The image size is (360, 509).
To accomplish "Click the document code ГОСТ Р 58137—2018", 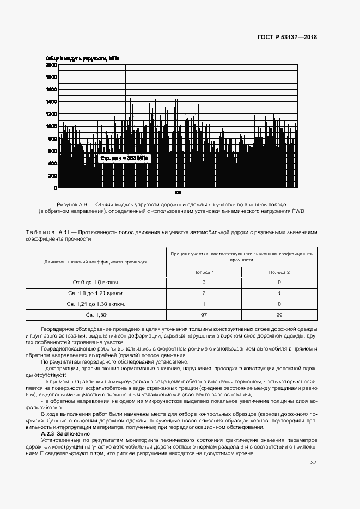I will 286,37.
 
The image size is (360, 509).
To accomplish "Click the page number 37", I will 313,463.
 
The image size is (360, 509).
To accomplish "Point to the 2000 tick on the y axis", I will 51,65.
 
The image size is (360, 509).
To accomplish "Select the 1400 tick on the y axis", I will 51,102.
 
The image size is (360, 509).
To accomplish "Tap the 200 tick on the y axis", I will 52,176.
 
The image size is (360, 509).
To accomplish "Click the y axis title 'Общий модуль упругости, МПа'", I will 82,58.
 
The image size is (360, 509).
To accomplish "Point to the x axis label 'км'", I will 178,193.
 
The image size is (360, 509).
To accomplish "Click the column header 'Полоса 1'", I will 204,272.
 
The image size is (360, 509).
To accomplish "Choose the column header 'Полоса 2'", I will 279,272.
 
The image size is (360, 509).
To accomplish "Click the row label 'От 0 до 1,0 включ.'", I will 96,283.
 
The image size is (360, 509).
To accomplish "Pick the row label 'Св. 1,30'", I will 96,315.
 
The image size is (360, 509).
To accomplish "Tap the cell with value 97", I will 204,315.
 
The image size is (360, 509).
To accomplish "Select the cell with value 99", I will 279,315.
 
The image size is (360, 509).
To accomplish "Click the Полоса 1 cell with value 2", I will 204,293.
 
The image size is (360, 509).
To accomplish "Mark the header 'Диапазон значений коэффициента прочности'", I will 96,262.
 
